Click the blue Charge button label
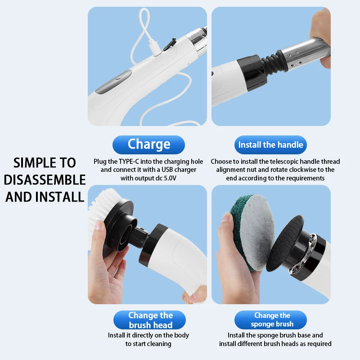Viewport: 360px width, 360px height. pos(148,144)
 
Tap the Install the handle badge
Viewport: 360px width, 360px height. pos(270,145)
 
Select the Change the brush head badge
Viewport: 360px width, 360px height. pos(150,320)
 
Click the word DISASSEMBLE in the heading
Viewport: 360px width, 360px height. pos(45,180)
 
